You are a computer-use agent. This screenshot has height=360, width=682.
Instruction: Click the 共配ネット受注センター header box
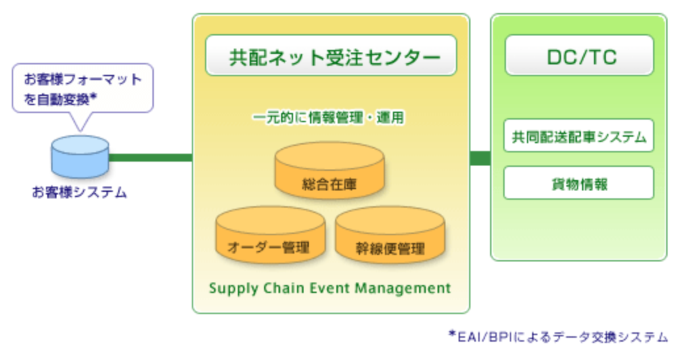click(x=331, y=56)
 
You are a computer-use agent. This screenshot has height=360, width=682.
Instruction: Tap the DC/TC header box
click(x=579, y=56)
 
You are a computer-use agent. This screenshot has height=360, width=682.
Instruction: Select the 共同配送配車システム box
click(x=579, y=137)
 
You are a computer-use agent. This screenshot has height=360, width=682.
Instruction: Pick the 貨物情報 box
click(x=579, y=184)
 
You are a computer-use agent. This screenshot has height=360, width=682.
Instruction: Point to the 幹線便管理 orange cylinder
click(x=390, y=235)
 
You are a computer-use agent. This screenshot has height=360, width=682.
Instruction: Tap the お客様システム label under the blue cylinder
click(x=80, y=193)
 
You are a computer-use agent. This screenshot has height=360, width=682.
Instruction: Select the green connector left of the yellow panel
click(x=150, y=158)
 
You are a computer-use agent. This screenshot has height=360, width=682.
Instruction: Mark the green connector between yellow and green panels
click(x=480, y=158)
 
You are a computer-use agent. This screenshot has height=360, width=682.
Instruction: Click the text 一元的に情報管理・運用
click(x=329, y=118)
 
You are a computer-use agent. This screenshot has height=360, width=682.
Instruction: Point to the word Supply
click(x=230, y=288)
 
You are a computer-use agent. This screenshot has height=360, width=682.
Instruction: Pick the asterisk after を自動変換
click(x=94, y=97)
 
